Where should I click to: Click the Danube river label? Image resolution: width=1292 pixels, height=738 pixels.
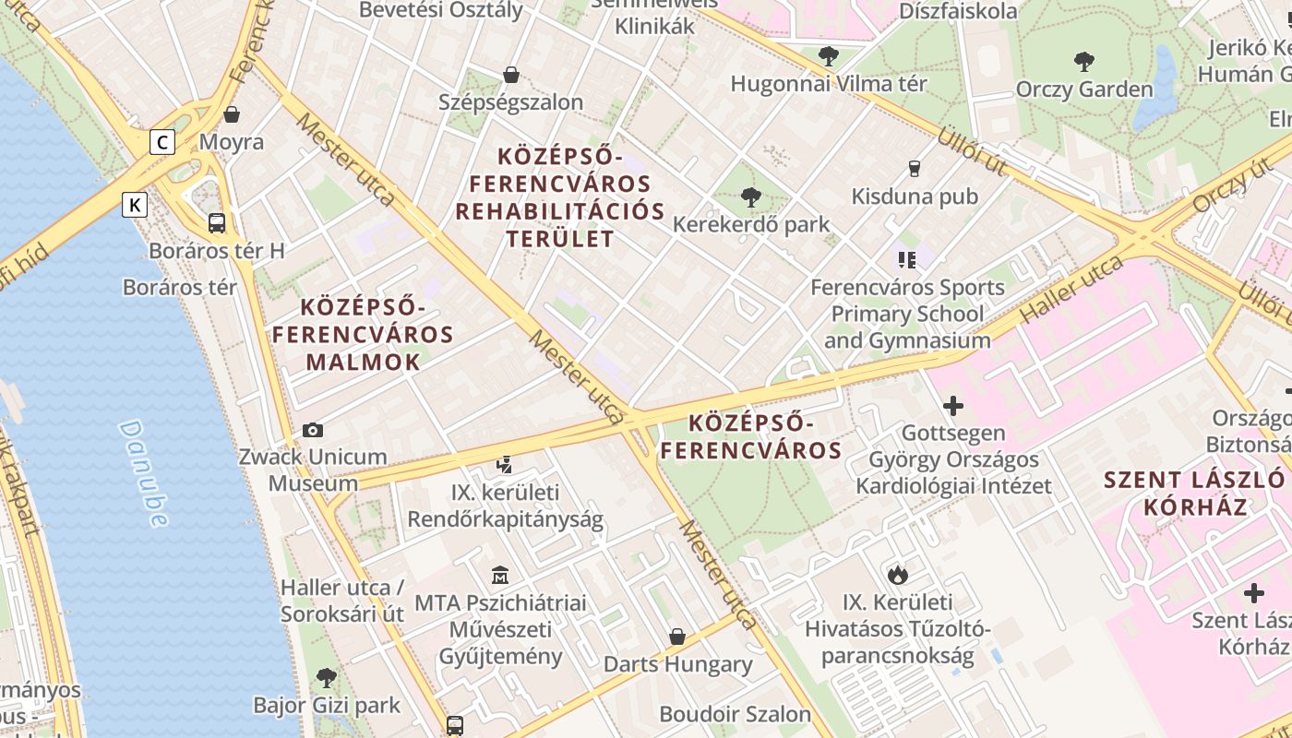[x=144, y=474]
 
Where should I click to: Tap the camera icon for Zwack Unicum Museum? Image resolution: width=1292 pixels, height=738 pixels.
[x=313, y=430]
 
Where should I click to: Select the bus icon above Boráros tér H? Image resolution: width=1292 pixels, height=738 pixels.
[x=217, y=222]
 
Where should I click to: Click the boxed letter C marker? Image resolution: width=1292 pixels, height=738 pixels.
[x=163, y=142]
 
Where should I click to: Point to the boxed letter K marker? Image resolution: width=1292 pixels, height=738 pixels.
[x=135, y=205]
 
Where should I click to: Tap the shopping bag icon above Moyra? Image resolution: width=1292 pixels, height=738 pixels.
[x=232, y=114]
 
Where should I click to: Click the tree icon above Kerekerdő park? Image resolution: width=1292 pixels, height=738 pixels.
[x=751, y=196]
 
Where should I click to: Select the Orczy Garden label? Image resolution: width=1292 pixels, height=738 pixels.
[x=1084, y=89]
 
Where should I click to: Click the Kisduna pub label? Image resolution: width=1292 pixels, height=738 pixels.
[x=915, y=196]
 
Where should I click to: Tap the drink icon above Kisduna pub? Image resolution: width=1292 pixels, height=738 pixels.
[x=915, y=168]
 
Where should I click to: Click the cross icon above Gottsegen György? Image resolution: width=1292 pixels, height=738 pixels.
[x=953, y=405]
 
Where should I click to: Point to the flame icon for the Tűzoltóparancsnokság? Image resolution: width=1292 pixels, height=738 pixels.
[x=897, y=575]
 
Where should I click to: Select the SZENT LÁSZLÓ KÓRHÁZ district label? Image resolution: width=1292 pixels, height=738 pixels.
[x=1195, y=493]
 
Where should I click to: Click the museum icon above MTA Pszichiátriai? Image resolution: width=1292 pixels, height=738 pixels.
[x=500, y=576]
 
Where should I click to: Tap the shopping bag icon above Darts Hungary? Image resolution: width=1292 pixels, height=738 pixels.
[x=677, y=637]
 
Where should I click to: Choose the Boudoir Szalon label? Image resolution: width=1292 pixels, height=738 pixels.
[x=735, y=714]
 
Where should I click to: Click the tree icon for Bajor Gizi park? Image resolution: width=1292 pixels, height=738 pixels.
[x=327, y=678]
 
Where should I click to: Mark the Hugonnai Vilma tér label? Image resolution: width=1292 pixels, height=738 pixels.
[x=829, y=84]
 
